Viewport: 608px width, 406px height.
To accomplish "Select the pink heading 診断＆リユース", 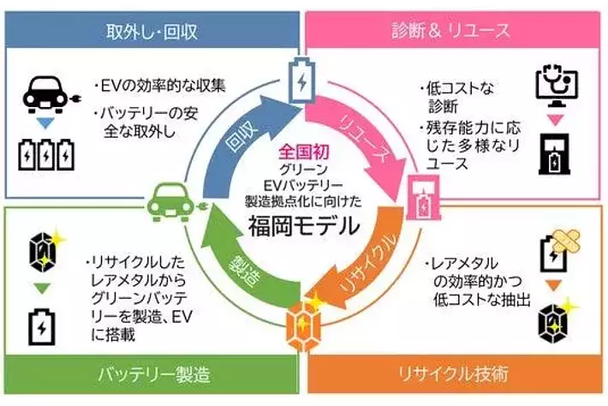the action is click(x=450, y=31).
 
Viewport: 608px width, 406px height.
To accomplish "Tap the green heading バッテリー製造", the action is click(x=154, y=374).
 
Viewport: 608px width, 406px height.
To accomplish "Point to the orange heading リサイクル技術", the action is click(x=453, y=374).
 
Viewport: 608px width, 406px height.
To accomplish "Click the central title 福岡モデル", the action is click(x=304, y=226).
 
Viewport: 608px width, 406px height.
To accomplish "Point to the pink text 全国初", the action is click(x=304, y=152).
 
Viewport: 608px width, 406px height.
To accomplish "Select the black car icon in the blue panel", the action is click(x=51, y=94).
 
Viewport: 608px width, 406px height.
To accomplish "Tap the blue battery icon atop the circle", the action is click(x=301, y=81).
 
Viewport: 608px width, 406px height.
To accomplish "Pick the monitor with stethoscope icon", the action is click(x=557, y=87).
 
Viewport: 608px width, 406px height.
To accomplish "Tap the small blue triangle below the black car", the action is click(x=45, y=123).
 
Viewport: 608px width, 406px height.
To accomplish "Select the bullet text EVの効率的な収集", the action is click(x=160, y=86).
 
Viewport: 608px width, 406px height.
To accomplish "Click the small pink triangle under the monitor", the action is click(x=555, y=121).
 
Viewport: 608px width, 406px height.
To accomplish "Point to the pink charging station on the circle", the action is click(x=424, y=197).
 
